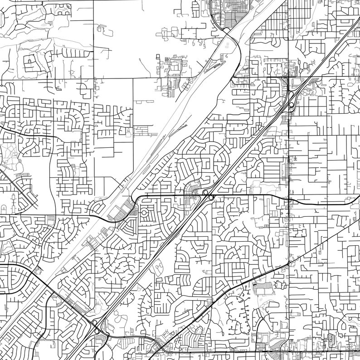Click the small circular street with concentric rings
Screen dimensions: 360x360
[144, 212]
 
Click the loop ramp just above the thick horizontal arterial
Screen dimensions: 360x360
[205, 193]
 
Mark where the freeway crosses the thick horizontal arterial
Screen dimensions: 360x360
[209, 196]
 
